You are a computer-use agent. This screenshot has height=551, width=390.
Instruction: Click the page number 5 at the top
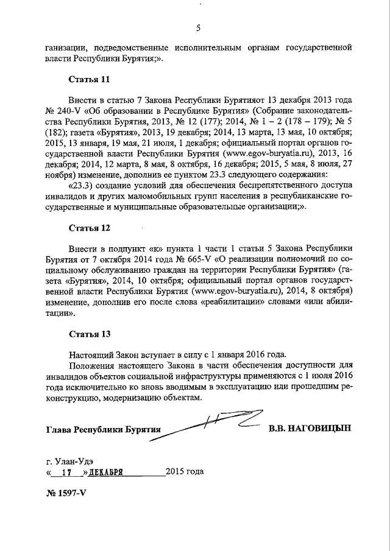198,27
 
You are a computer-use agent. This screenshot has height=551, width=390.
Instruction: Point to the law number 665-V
190,259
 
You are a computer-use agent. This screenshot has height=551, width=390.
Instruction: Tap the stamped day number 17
68,472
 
